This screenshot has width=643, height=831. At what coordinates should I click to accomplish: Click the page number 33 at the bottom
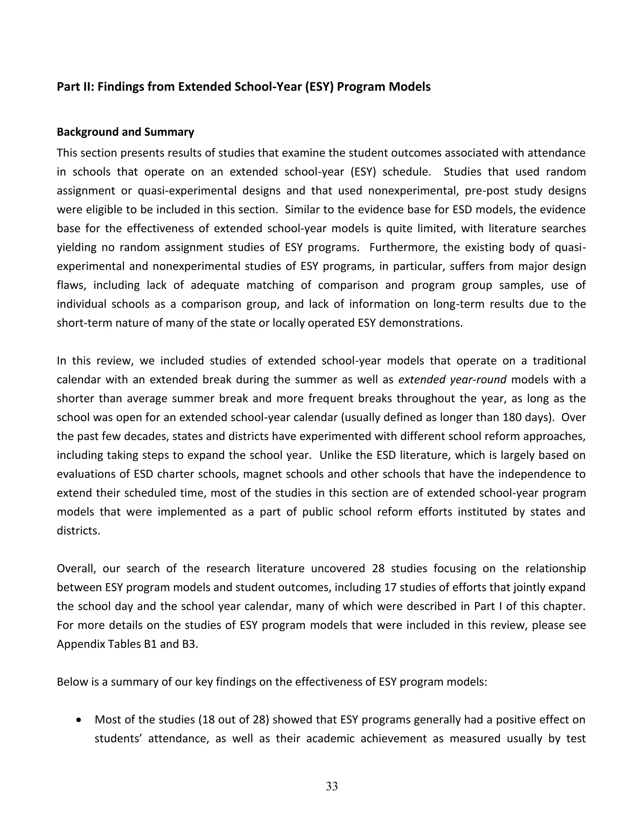[332, 786]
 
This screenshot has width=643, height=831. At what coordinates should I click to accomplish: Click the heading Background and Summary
[125, 132]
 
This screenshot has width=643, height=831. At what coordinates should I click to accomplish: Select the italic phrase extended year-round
[452, 380]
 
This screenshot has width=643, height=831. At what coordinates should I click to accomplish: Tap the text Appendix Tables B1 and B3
[127, 644]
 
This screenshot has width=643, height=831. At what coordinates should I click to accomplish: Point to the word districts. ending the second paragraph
[78, 530]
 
